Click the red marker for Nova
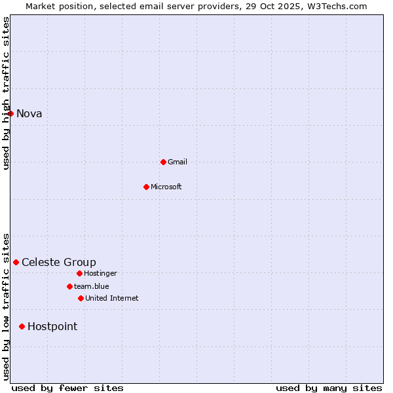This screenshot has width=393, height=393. (10, 113)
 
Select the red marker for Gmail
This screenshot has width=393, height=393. (163, 162)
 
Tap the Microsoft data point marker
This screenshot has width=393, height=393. (146, 187)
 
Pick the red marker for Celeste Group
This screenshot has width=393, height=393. (16, 262)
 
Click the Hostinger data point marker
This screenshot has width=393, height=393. (79, 273)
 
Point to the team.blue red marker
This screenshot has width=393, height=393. (69, 286)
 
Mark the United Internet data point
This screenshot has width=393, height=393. (81, 298)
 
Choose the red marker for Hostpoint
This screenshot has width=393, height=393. (22, 326)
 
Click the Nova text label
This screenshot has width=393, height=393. (29, 114)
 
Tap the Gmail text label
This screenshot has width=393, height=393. (178, 162)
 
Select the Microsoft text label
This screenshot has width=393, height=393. (166, 187)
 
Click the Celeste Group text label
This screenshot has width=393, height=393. (59, 263)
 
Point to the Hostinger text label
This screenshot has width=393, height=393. (101, 274)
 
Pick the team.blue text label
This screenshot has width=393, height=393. (92, 287)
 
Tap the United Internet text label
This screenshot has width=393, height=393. (112, 299)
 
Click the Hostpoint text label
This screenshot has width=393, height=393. (52, 327)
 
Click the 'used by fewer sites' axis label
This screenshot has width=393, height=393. (67, 388)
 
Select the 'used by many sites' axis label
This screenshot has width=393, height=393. (329, 388)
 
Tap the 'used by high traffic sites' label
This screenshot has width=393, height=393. (7, 93)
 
